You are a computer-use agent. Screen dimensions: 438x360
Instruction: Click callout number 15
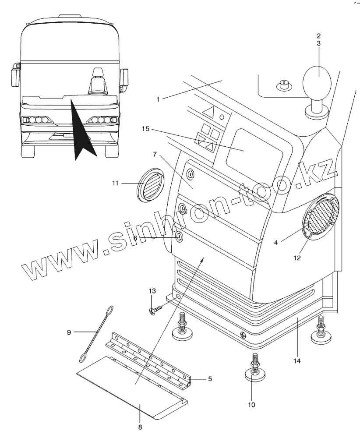point(146,129)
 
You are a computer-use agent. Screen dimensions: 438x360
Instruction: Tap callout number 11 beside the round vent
point(115,183)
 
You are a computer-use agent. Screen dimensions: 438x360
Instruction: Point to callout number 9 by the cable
point(69,332)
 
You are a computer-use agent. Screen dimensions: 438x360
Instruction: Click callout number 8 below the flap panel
point(140,426)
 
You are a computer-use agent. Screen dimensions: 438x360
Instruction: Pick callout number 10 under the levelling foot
point(251,405)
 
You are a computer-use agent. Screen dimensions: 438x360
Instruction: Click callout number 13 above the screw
point(152,291)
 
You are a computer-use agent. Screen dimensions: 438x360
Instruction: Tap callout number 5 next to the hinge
point(210,379)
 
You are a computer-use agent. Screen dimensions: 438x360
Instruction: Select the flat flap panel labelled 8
point(131,385)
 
